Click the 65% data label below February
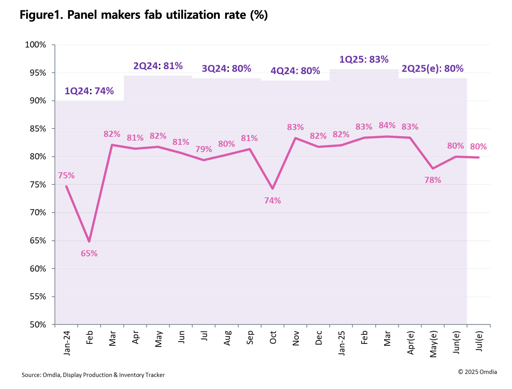89,254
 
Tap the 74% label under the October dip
272,201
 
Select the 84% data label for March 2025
387,125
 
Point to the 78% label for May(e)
433,180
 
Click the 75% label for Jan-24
66,175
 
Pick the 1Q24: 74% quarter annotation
89,91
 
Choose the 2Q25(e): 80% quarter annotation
432,69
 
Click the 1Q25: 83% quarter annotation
364,59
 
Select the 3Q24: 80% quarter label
226,69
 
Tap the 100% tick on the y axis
35,45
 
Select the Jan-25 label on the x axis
342,343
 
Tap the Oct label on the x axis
273,338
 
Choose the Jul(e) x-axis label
479,341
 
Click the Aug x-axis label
227,338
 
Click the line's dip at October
273,189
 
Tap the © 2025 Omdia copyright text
477,372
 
